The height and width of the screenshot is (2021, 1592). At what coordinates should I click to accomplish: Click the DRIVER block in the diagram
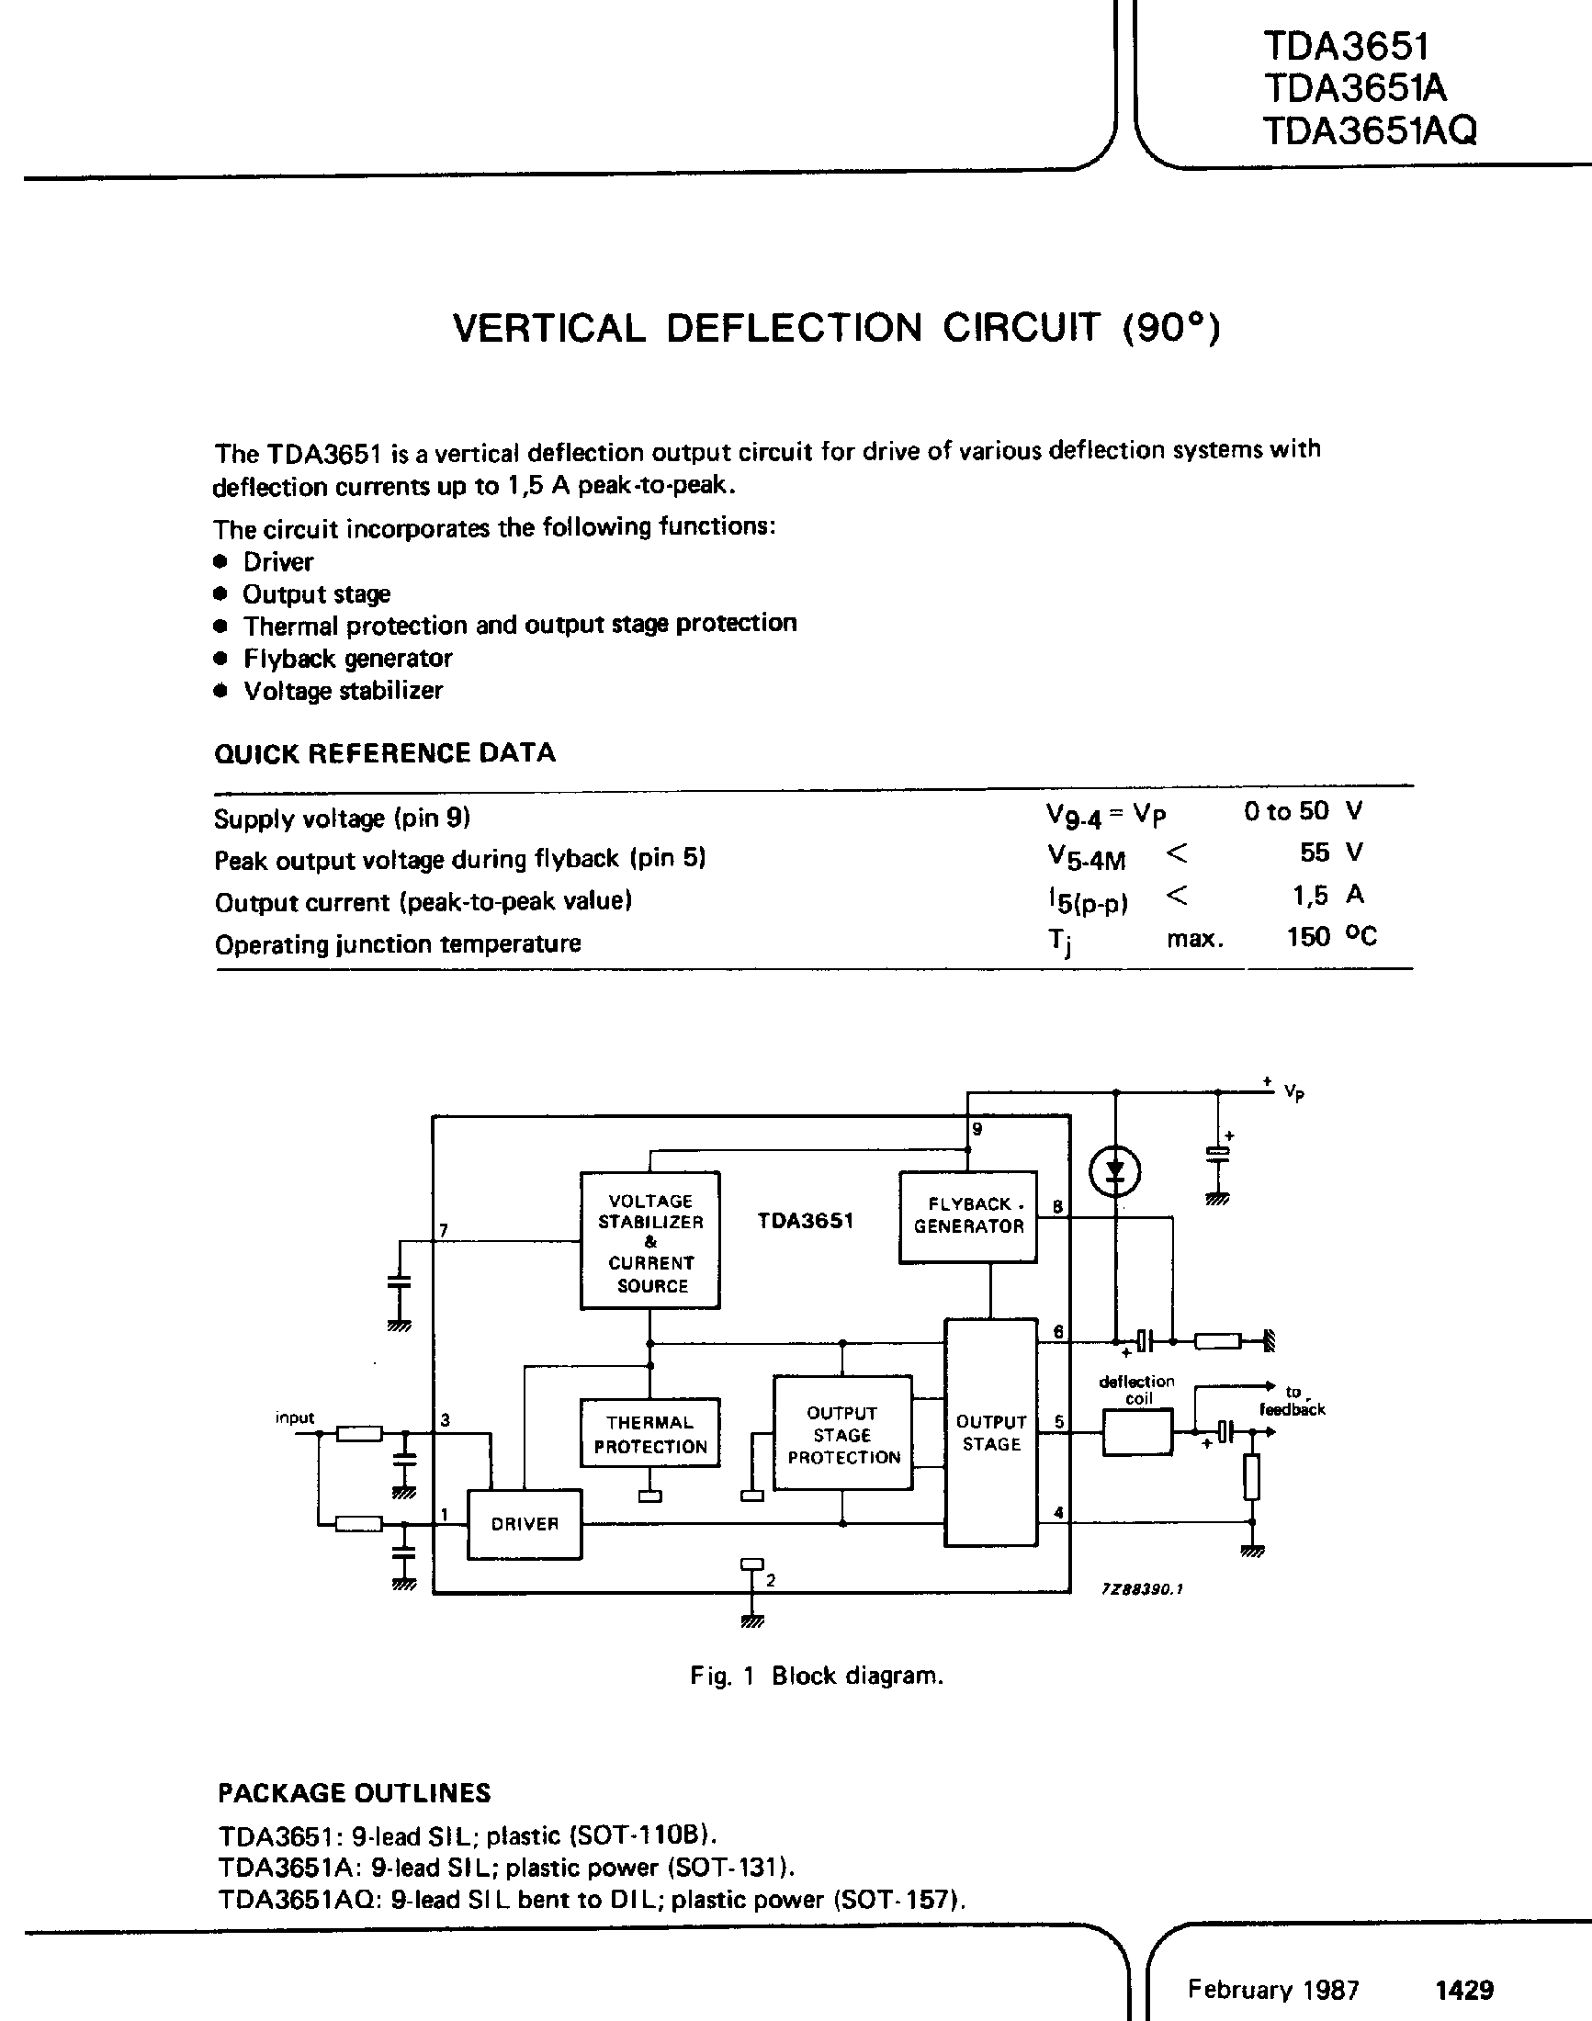click(524, 1524)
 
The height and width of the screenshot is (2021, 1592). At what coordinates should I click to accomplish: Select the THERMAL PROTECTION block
click(649, 1434)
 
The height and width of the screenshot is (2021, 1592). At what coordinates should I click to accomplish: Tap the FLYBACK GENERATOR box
click(967, 1215)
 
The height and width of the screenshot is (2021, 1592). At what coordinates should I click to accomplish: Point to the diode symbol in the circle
click(1115, 1173)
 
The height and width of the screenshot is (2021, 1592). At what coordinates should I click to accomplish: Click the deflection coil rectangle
click(1136, 1432)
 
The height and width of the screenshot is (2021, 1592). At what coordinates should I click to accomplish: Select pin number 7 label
click(445, 1230)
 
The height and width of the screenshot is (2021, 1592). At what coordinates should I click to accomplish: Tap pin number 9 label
click(977, 1130)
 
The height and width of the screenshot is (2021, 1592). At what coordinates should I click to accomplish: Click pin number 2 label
click(770, 1581)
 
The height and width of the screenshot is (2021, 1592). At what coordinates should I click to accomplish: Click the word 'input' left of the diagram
click(295, 1417)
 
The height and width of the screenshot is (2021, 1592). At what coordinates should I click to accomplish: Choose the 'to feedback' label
click(1292, 1400)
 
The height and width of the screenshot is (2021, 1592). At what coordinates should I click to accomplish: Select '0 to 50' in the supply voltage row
click(1285, 811)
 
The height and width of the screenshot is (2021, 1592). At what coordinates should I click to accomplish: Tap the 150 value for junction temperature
click(1308, 937)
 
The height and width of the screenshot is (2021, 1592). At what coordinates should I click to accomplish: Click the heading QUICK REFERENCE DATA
click(384, 753)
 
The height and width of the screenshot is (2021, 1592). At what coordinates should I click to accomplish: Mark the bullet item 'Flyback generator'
click(346, 658)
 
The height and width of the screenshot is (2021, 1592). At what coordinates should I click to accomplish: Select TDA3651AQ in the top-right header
click(1370, 130)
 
